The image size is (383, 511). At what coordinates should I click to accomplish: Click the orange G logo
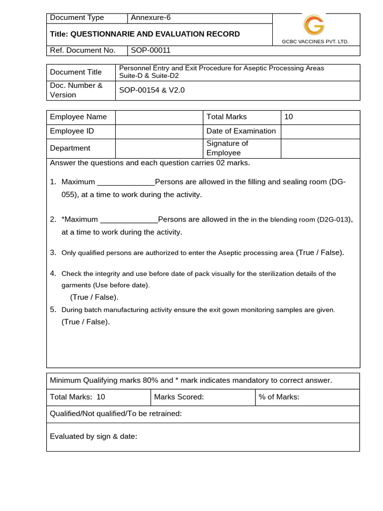[x=314, y=24]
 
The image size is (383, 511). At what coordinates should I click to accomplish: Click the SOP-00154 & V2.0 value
[x=152, y=90]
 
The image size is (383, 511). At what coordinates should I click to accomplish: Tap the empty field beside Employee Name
[x=159, y=117]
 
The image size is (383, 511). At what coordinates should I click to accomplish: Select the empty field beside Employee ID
[x=159, y=131]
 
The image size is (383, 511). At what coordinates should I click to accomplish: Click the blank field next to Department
[x=159, y=148]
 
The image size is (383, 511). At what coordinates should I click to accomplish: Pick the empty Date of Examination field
[x=320, y=131]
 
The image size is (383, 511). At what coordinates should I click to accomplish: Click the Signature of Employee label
[x=227, y=148]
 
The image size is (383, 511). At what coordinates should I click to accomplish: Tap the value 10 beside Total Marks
[x=289, y=117]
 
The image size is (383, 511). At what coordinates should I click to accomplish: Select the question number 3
[x=53, y=253]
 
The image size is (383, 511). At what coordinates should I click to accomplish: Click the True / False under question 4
[x=94, y=297]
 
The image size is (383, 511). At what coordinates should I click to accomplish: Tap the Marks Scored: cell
[x=179, y=397]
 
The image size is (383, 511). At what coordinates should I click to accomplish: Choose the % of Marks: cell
[x=279, y=397]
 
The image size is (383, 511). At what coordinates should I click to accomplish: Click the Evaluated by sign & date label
[x=93, y=437]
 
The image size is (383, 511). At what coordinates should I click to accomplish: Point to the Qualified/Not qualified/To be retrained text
[x=116, y=414]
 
